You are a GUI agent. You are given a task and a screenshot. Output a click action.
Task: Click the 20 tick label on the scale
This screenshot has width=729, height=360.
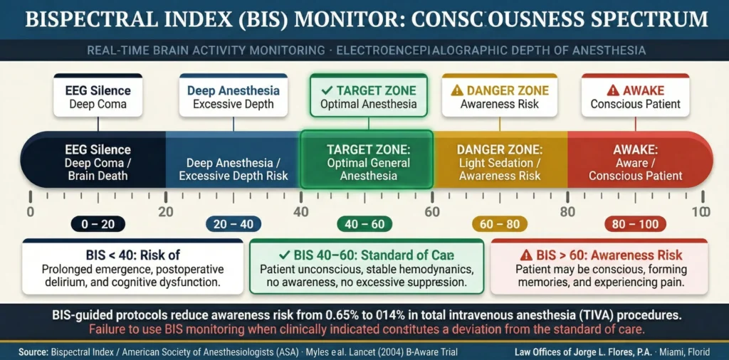pyautogui.click(x=165, y=211)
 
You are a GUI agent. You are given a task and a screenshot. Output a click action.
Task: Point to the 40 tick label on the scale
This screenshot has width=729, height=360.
pyautogui.click(x=300, y=211)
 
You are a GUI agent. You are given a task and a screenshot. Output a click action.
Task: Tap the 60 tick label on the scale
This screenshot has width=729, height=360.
pyautogui.click(x=431, y=211)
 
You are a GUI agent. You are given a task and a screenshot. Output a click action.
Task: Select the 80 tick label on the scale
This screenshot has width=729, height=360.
pyautogui.click(x=567, y=211)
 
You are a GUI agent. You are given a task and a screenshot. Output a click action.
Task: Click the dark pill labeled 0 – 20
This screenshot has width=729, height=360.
pyautogui.click(x=98, y=224)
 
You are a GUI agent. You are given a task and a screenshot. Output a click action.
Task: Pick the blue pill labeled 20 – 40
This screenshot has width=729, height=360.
pyautogui.click(x=232, y=224)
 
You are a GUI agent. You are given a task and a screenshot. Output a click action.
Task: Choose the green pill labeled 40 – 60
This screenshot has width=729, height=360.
pyautogui.click(x=366, y=224)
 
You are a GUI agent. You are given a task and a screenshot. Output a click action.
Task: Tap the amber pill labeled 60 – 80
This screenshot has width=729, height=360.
pyautogui.click(x=500, y=224)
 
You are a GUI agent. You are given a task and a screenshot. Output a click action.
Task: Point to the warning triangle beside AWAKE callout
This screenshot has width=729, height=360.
pyautogui.click(x=612, y=90)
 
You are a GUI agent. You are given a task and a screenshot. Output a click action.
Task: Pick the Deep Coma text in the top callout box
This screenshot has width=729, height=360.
pyautogui.click(x=99, y=105)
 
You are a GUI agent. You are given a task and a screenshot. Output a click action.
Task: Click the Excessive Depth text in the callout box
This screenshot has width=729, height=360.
pyautogui.click(x=233, y=105)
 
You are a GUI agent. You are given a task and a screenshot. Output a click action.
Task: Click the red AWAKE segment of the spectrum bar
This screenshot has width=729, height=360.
pyautogui.click(x=635, y=162)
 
